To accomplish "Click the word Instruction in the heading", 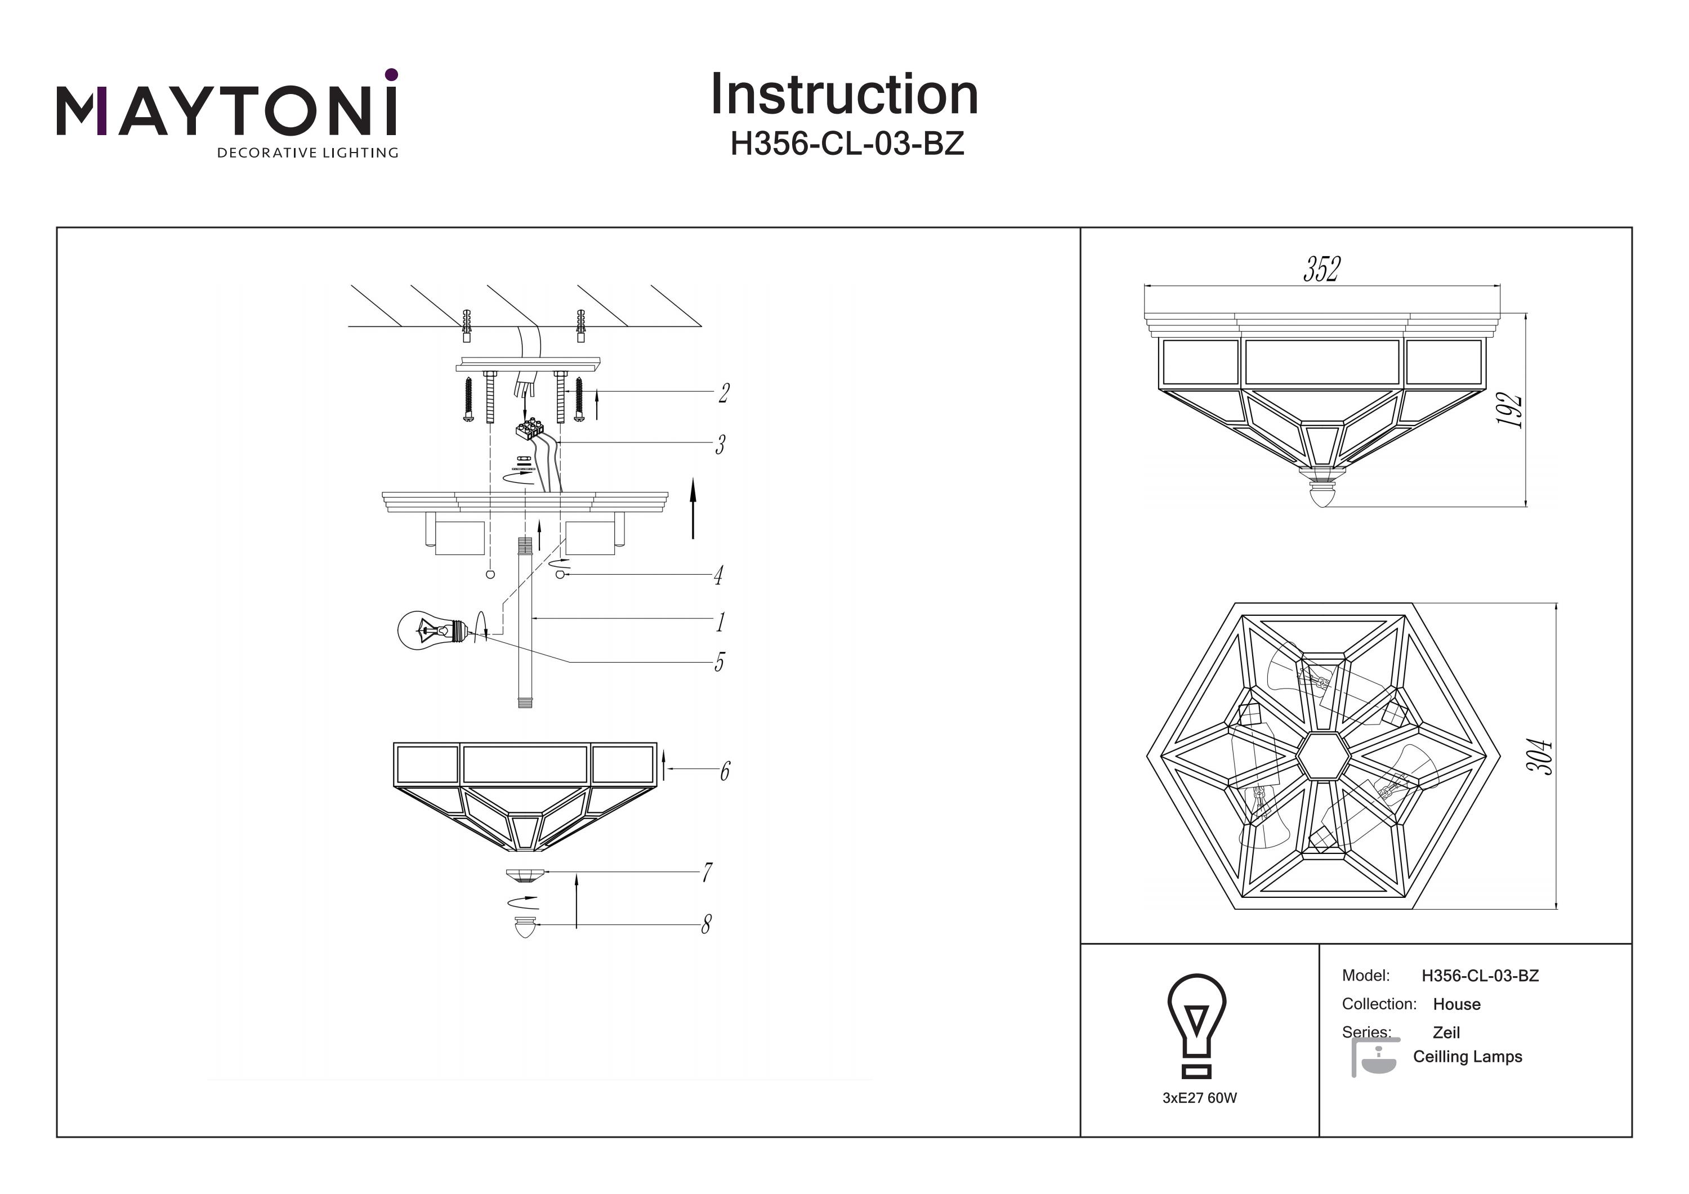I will pos(844,95).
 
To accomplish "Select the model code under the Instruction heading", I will pos(846,144).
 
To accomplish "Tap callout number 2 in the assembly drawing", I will pos(724,393).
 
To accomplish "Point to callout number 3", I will pos(720,445).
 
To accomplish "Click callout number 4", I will pos(718,575).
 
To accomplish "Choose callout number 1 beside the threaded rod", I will pos(720,623).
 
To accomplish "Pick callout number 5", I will pos(720,662).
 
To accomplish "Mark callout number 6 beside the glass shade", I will pos(725,771).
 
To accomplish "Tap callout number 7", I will pos(707,873).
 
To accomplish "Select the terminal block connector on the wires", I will pos(530,429).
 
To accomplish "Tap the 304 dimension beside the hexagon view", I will pos(1539,755).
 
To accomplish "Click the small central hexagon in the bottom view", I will pos(1322,755).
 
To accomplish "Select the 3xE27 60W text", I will pos(1199,1098).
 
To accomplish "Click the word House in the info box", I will pos(1456,1004).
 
